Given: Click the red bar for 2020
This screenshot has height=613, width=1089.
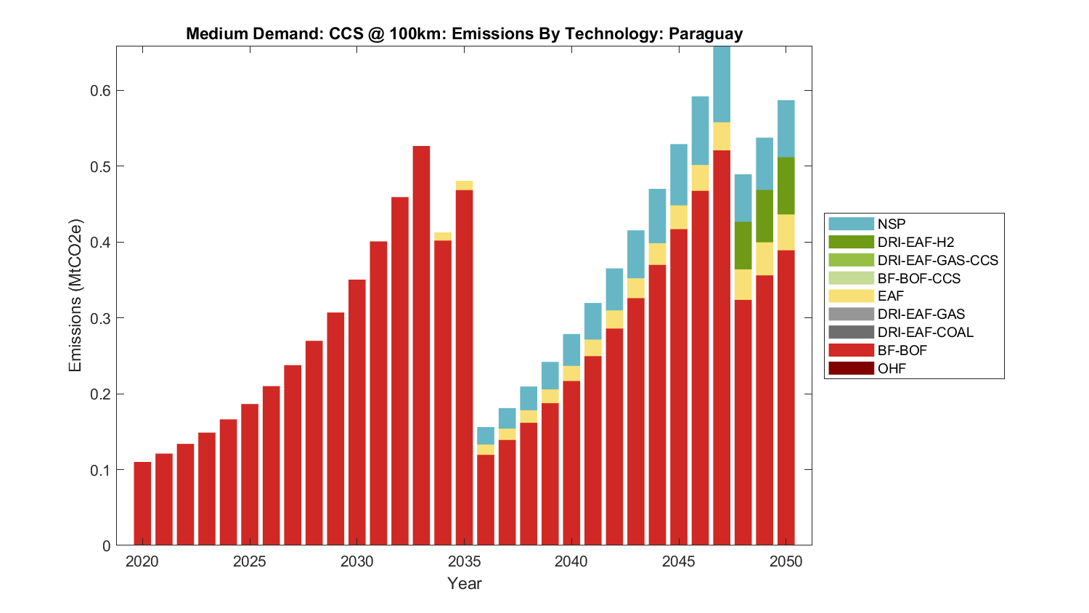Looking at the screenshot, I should (142, 503).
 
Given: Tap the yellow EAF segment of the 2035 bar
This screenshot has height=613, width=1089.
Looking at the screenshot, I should (464, 185).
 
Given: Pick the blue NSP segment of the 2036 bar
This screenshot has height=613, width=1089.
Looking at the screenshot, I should (486, 436).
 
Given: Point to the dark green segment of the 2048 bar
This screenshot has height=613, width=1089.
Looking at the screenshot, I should (743, 245).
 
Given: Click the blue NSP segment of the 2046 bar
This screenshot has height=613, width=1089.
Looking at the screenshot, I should (700, 131).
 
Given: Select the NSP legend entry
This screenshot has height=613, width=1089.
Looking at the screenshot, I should (891, 224).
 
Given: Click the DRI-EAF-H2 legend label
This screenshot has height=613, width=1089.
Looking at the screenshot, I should (915, 243).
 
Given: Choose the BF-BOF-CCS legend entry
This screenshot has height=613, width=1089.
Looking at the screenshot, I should (918, 278).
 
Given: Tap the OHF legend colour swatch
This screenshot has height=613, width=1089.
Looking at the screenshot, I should (851, 368).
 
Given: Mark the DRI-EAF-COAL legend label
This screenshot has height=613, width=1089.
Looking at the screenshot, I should (925, 333).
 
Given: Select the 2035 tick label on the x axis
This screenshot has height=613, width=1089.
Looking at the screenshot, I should (464, 561).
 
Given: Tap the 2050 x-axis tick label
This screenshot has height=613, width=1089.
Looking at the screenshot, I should (786, 561).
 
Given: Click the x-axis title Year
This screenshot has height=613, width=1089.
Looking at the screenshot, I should (464, 583).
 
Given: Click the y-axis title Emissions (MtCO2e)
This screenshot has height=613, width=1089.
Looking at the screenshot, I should (76, 296).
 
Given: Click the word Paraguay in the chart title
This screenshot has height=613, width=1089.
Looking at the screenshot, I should (705, 34).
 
